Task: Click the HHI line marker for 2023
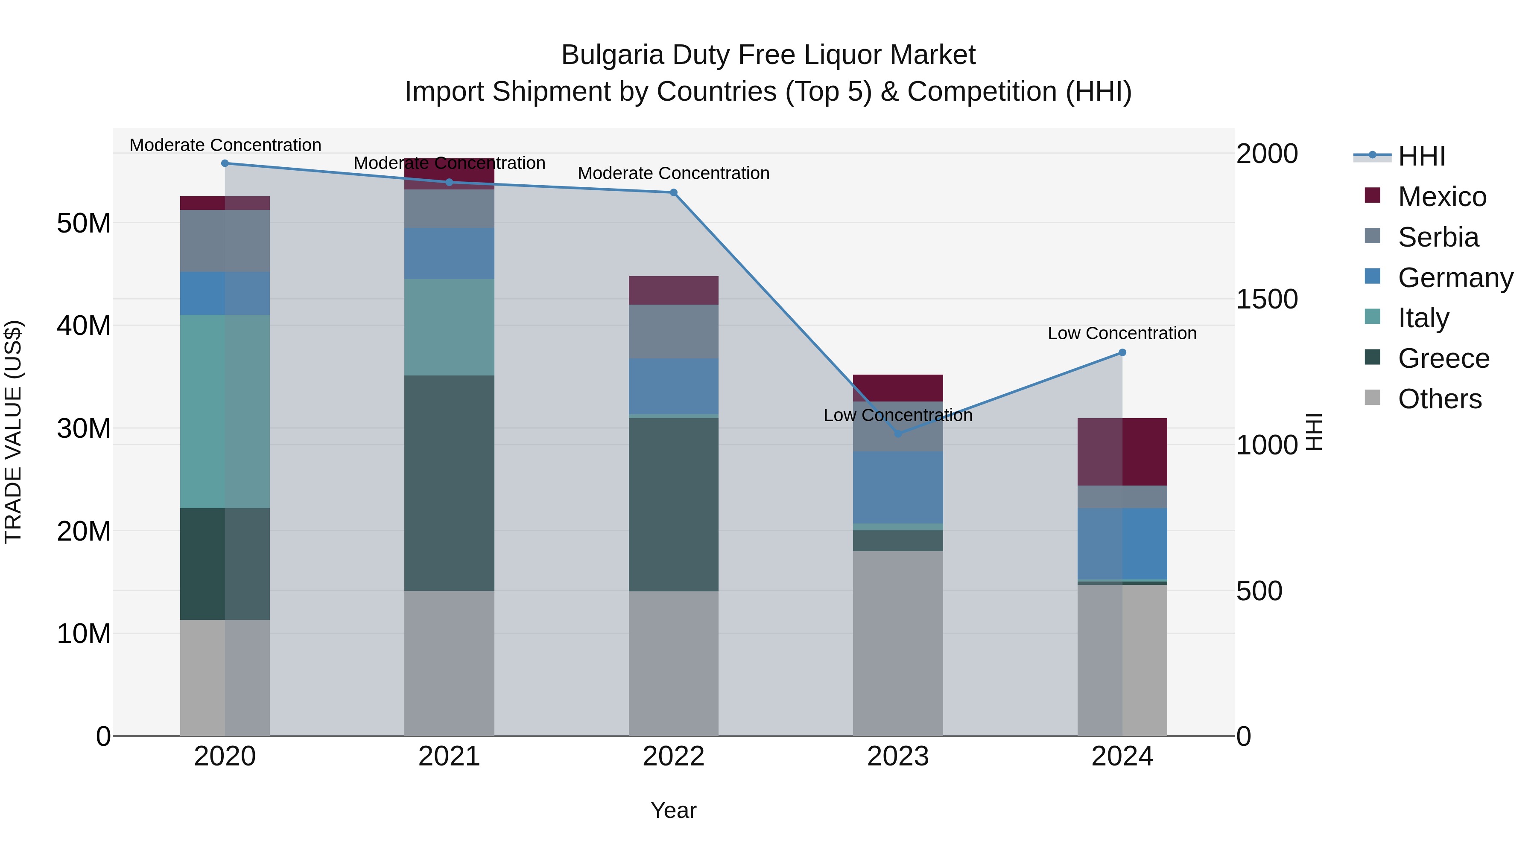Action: pyautogui.click(x=898, y=433)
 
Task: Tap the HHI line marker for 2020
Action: pyautogui.click(x=225, y=163)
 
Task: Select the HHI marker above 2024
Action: pyautogui.click(x=1122, y=352)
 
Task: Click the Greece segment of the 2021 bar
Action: pyautogui.click(x=449, y=483)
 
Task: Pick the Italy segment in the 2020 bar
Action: pyautogui.click(x=225, y=411)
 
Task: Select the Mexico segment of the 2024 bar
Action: pyautogui.click(x=1122, y=451)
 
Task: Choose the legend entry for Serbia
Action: pyautogui.click(x=1438, y=237)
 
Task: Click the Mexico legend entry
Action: pyautogui.click(x=1441, y=197)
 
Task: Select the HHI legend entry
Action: pyautogui.click(x=1421, y=156)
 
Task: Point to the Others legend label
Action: pyautogui.click(x=1439, y=399)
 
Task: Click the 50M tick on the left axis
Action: pyautogui.click(x=84, y=224)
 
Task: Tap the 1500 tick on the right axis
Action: pyautogui.click(x=1266, y=300)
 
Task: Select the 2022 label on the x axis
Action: pyautogui.click(x=674, y=756)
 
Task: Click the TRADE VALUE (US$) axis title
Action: pyautogui.click(x=13, y=432)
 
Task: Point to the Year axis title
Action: pyautogui.click(x=674, y=810)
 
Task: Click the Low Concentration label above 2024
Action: pyautogui.click(x=1122, y=333)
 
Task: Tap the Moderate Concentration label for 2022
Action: pyautogui.click(x=674, y=174)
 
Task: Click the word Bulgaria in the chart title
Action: pyautogui.click(x=612, y=55)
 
